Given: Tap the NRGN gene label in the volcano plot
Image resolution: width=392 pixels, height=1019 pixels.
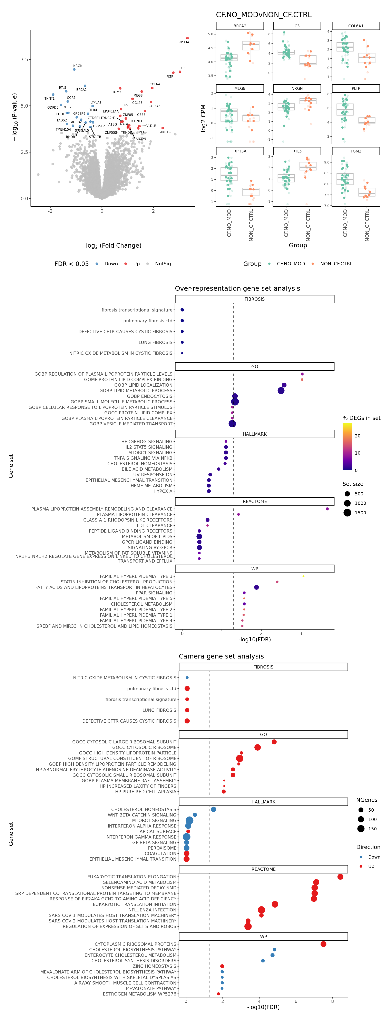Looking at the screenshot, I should click(x=78, y=66).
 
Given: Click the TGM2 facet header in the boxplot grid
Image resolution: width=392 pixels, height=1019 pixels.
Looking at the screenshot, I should click(x=356, y=151).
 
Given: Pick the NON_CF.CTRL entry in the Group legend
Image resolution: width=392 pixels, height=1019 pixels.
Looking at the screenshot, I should click(x=336, y=264).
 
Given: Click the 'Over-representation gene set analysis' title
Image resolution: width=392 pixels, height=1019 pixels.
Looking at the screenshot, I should click(x=237, y=288).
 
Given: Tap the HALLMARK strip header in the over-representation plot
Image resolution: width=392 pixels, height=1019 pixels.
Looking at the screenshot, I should click(x=254, y=434).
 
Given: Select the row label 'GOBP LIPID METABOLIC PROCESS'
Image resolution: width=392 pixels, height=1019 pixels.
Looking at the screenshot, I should click(x=136, y=390).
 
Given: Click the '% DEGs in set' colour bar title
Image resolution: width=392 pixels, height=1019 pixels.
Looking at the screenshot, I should click(x=361, y=418).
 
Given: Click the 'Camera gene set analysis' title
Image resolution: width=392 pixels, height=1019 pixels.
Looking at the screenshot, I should click(x=221, y=656).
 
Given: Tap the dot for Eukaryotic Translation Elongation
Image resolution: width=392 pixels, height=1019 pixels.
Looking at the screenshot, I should click(x=340, y=877).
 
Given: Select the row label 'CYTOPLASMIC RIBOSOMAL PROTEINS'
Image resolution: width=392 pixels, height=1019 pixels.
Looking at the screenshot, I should click(x=135, y=944).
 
